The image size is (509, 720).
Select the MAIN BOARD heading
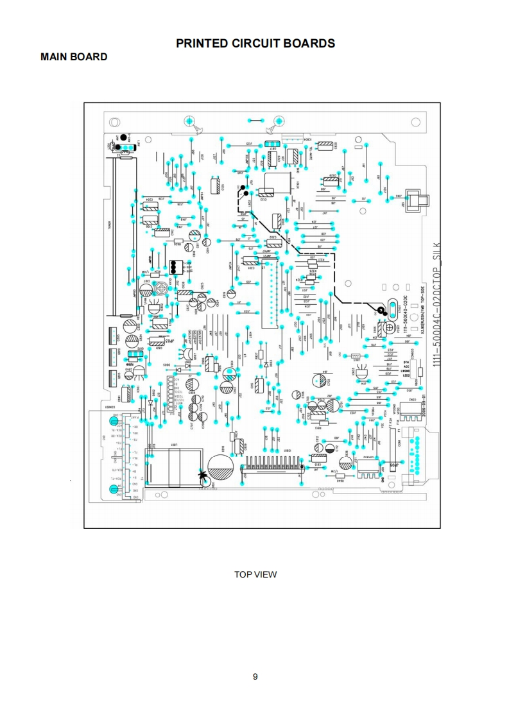(74, 57)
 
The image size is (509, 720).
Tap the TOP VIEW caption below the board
(255, 574)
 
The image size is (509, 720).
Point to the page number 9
(255, 676)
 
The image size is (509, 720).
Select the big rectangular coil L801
(173, 466)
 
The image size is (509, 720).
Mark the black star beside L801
(203, 476)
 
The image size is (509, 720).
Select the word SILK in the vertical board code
(437, 253)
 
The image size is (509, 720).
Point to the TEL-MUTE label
(310, 151)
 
